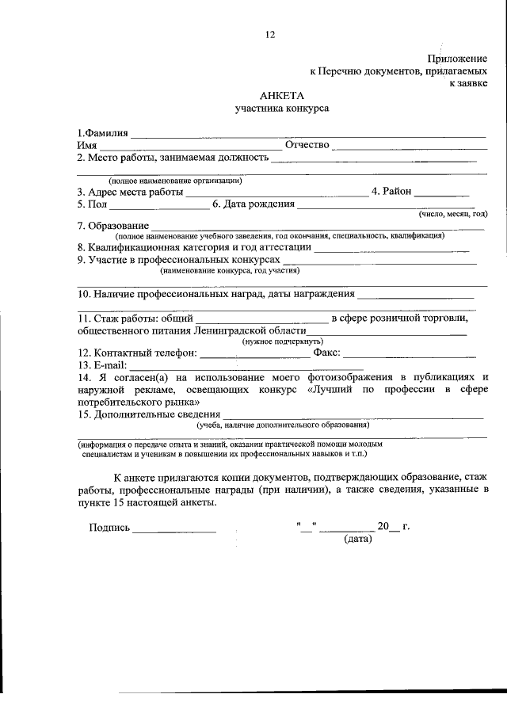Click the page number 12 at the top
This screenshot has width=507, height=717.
(x=270, y=34)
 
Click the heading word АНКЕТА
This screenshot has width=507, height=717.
(x=281, y=95)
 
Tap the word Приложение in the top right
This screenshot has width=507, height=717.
(x=457, y=58)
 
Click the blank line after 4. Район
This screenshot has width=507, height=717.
(x=442, y=193)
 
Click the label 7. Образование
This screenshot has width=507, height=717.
(x=113, y=227)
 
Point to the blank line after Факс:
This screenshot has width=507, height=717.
(x=409, y=355)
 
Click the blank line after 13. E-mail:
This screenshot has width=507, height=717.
(x=246, y=368)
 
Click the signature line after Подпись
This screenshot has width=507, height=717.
(x=173, y=529)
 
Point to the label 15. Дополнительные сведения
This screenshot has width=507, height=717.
(x=149, y=414)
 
